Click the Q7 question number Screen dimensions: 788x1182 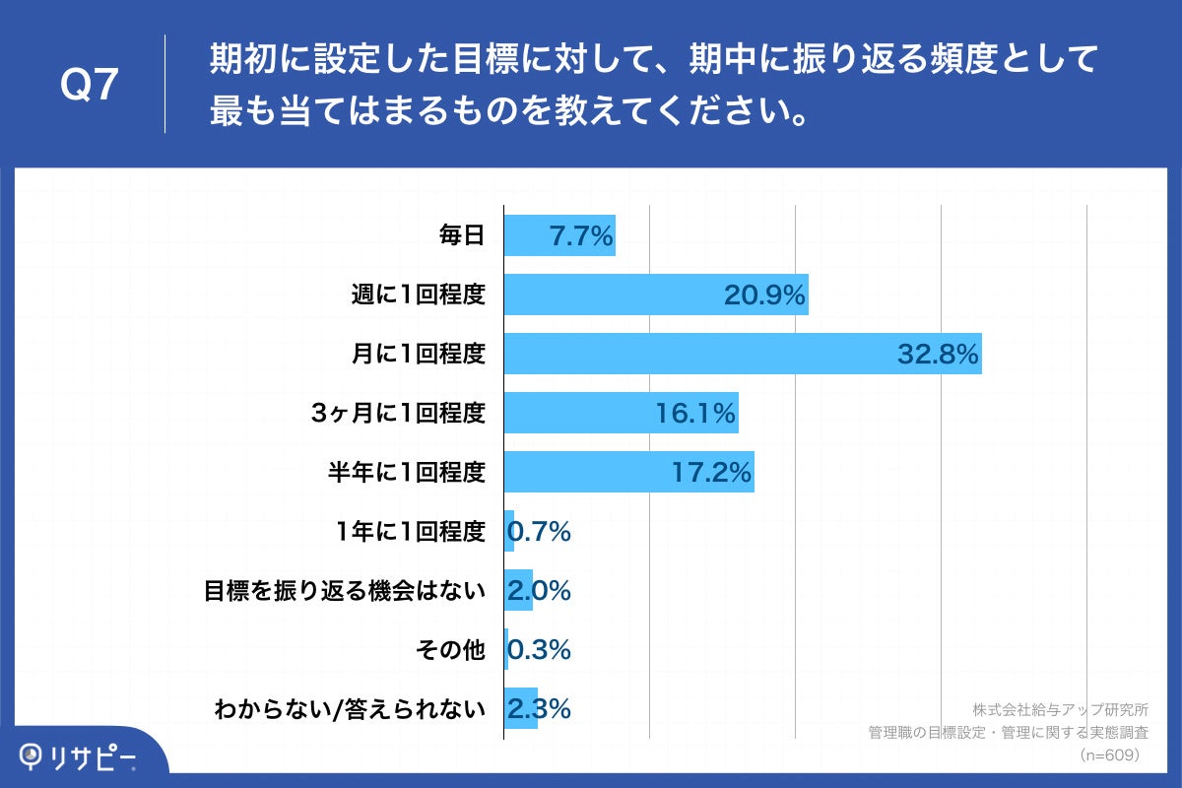[90, 86]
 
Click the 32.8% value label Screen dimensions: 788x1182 [937, 355]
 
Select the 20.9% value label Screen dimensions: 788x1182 [764, 295]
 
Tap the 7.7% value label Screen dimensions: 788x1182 [581, 236]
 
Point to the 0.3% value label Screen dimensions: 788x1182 [539, 650]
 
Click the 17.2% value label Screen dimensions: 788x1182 [711, 473]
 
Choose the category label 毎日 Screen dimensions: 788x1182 [462, 236]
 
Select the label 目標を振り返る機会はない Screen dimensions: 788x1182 [345, 591]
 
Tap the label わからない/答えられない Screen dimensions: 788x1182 [351, 709]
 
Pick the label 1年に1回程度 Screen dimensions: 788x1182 [411, 532]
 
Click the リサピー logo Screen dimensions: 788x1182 [79, 756]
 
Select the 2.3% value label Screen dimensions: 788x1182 [539, 709]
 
